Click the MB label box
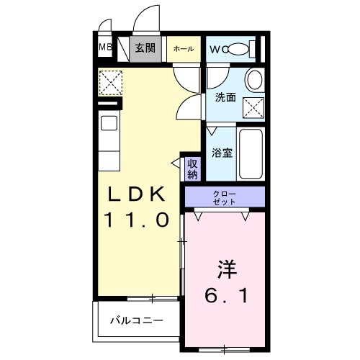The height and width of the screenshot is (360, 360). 105,49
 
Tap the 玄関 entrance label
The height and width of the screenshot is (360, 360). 145,48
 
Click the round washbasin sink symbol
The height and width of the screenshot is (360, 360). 253,79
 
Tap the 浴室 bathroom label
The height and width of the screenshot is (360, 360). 221,153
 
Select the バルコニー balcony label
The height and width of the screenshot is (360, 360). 136,320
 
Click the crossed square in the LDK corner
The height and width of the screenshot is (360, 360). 111,82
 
